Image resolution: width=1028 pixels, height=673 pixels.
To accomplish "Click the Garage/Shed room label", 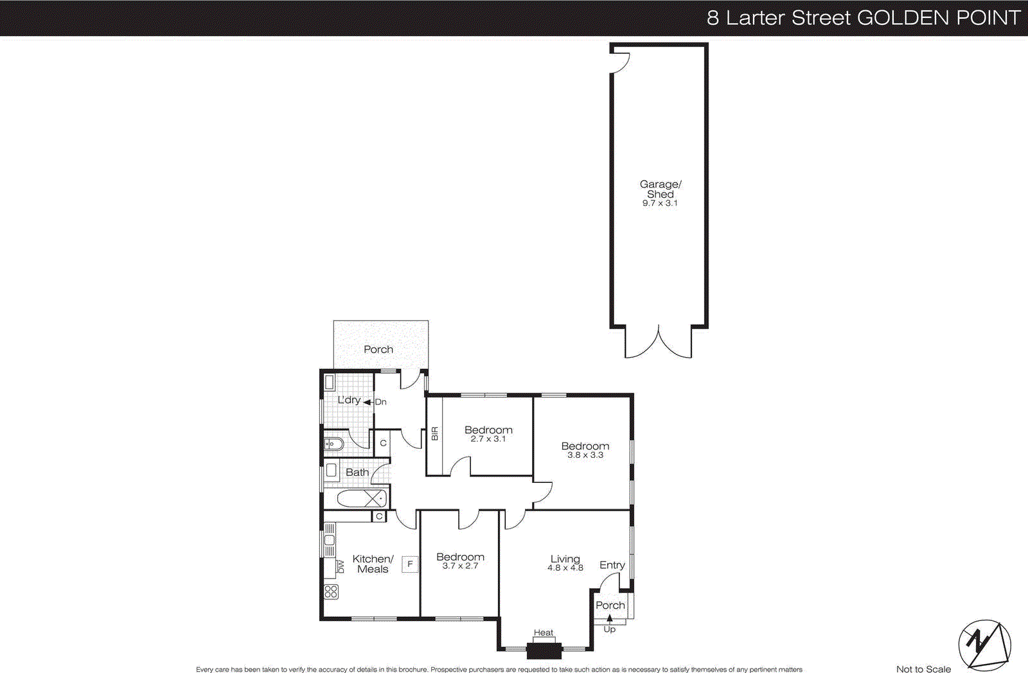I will pyautogui.click(x=660, y=189).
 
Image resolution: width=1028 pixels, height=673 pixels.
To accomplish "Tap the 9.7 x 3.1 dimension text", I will pyautogui.click(x=660, y=203).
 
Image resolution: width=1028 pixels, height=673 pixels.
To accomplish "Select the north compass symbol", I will pyautogui.click(x=984, y=645).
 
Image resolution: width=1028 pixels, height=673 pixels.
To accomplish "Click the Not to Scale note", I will pyautogui.click(x=923, y=669).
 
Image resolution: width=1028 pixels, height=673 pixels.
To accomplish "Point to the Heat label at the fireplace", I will pyautogui.click(x=544, y=633).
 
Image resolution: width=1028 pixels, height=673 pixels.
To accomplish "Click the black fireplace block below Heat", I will pyautogui.click(x=544, y=651).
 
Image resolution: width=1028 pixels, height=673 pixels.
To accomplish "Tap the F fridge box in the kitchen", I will pyautogui.click(x=410, y=564).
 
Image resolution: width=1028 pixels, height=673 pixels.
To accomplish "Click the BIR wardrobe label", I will pyautogui.click(x=435, y=433).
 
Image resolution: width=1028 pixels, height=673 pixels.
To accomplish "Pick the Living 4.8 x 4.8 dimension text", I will pyautogui.click(x=565, y=568).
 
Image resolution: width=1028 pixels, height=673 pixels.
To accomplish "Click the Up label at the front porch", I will pyautogui.click(x=609, y=629).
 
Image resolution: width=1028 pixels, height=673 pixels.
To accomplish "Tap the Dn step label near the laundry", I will pyautogui.click(x=380, y=402).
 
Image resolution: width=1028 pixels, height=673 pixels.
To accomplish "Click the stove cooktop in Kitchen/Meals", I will pyautogui.click(x=331, y=591).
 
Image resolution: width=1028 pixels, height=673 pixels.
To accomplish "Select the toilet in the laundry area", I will pyautogui.click(x=334, y=444).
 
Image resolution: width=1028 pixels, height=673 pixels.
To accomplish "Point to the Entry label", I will pyautogui.click(x=612, y=565).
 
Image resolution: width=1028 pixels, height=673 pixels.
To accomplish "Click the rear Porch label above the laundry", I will pyautogui.click(x=378, y=349).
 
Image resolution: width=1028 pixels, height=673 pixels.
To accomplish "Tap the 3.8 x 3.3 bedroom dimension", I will pyautogui.click(x=585, y=455).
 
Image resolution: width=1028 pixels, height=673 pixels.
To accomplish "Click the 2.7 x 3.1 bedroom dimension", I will pyautogui.click(x=488, y=439).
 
